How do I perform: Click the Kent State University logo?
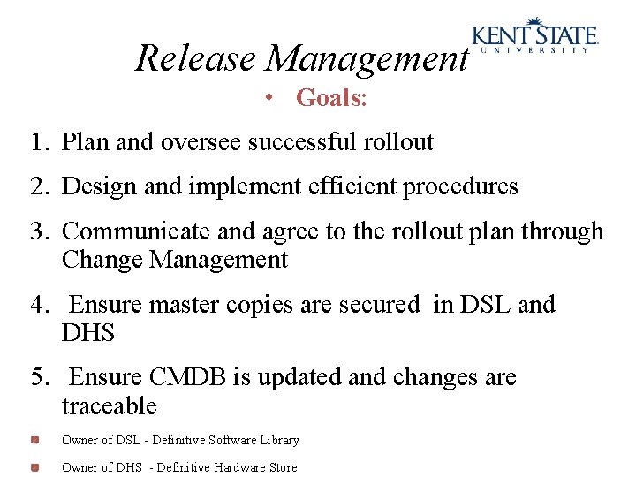535,36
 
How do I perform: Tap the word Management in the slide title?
367,59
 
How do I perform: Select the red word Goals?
330,98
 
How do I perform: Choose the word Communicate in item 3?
136,231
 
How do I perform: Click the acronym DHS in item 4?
88,333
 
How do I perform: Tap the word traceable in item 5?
109,406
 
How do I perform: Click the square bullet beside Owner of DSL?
34,439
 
